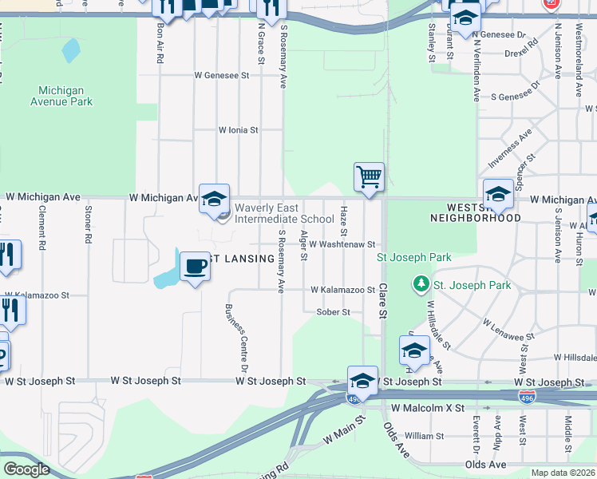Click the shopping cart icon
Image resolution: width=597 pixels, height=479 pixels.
pos(369,176)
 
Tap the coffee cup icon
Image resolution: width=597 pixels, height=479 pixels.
pos(194,266)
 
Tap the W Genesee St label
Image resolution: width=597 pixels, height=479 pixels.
pos(222,75)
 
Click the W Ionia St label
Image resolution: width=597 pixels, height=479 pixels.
pos(239,129)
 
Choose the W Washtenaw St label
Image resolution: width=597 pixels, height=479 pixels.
pos(342,244)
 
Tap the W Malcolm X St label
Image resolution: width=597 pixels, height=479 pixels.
pos(427,408)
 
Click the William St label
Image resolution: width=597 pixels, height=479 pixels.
pos(424,436)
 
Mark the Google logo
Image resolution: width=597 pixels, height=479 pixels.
pos(26,469)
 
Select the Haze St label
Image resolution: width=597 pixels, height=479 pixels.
pos(344,216)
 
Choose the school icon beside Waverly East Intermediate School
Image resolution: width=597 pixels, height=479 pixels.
pos(214,200)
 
